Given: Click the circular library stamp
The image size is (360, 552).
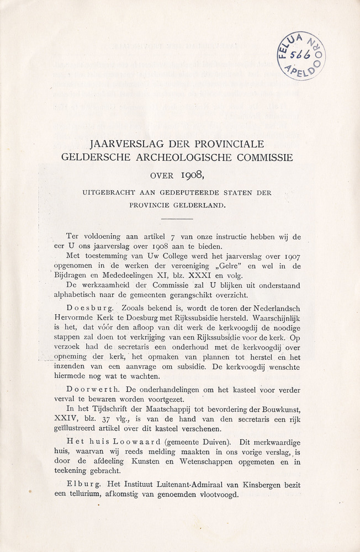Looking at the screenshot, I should click(x=301, y=56).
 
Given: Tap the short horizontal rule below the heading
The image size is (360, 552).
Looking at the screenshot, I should click(x=179, y=219).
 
